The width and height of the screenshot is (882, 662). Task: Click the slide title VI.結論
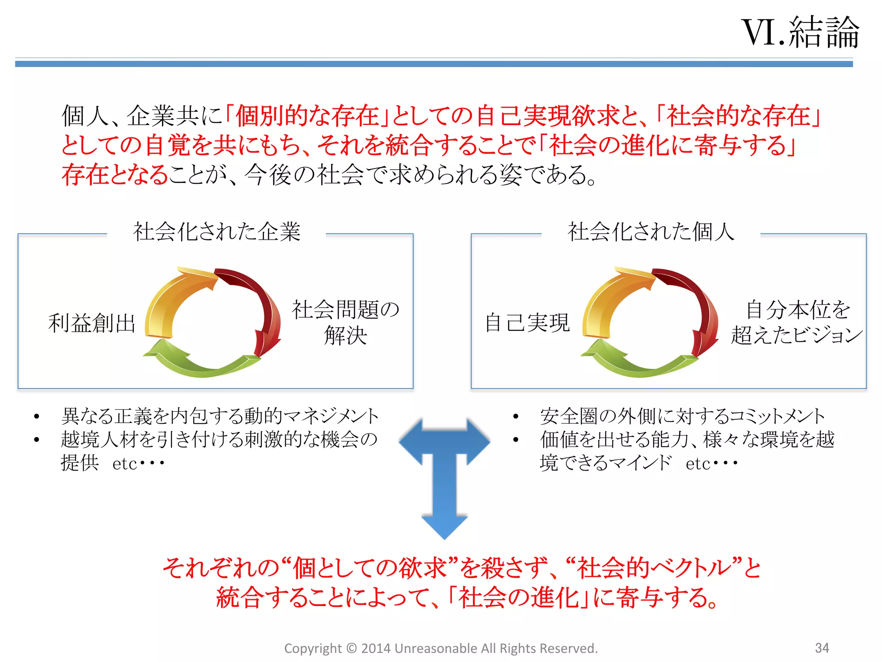[800, 32]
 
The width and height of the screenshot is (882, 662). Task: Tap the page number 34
[822, 648]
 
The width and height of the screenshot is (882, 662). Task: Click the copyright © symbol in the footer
[351, 648]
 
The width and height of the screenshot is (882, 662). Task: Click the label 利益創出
[92, 323]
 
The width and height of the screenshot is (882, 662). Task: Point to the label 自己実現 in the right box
[527, 322]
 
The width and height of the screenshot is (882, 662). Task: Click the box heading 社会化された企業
[217, 232]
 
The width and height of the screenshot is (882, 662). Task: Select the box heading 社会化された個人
[651, 232]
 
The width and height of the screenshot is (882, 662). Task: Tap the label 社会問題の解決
[345, 322]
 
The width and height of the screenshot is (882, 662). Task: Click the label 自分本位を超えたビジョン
[797, 322]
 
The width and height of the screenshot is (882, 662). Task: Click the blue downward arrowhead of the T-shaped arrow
[444, 527]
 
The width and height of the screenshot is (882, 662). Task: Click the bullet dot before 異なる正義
[37, 416]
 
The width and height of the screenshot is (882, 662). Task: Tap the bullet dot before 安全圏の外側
[516, 416]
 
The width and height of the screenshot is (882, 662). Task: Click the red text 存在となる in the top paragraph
[115, 175]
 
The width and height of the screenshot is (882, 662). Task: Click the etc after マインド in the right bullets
[698, 464]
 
